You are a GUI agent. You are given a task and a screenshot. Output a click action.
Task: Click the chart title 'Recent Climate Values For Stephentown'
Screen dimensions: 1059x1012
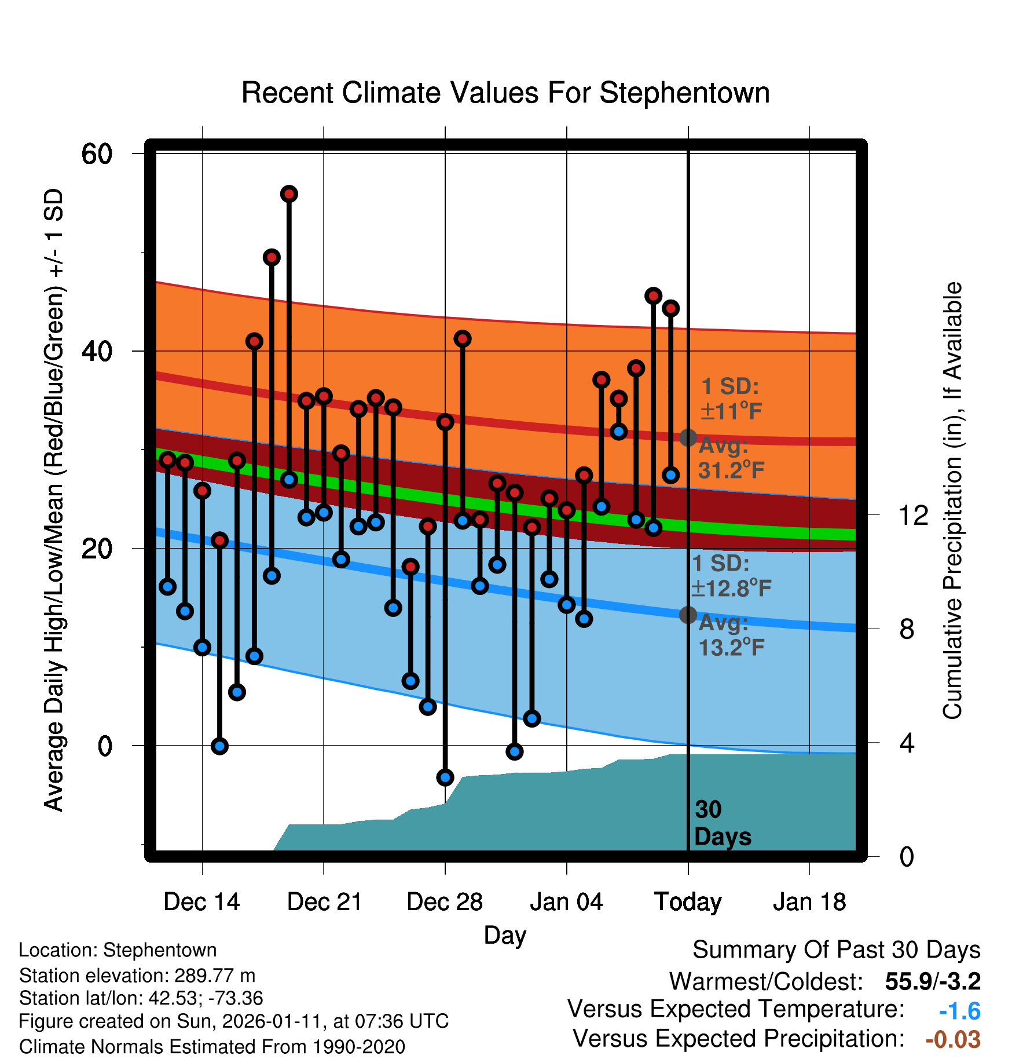(505, 93)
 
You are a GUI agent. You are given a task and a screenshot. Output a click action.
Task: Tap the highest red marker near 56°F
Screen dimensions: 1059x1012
(289, 194)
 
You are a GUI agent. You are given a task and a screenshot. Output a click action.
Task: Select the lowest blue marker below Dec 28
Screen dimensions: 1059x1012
(445, 777)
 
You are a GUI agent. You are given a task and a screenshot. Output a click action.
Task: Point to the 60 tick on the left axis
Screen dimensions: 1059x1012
(97, 154)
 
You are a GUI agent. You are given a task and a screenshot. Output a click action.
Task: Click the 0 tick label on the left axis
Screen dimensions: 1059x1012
(105, 746)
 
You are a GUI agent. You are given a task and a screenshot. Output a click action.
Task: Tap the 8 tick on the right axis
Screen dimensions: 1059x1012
(907, 629)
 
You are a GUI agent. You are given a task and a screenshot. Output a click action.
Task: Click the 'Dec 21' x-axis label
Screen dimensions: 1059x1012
(324, 902)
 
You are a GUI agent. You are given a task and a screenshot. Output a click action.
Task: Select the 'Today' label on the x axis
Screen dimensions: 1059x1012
(688, 902)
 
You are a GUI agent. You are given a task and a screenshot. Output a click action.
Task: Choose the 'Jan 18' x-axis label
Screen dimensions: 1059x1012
(809, 902)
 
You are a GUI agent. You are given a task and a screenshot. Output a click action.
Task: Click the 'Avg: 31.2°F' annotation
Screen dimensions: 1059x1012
(731, 458)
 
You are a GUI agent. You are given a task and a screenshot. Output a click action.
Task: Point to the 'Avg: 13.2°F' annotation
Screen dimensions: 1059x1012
(731, 636)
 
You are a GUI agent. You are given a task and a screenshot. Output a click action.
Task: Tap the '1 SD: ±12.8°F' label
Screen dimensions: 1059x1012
(731, 576)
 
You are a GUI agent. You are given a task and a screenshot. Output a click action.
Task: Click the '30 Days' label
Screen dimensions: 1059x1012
(722, 823)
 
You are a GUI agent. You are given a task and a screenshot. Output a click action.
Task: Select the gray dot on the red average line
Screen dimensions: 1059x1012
(688, 438)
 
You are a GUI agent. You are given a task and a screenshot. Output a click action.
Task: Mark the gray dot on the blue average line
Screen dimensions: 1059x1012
(688, 615)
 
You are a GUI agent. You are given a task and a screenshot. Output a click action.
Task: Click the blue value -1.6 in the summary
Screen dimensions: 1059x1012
(959, 1011)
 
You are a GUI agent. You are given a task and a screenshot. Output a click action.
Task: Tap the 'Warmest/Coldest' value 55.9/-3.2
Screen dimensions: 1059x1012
(933, 981)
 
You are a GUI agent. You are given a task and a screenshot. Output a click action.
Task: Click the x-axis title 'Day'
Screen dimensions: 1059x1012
(505, 935)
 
